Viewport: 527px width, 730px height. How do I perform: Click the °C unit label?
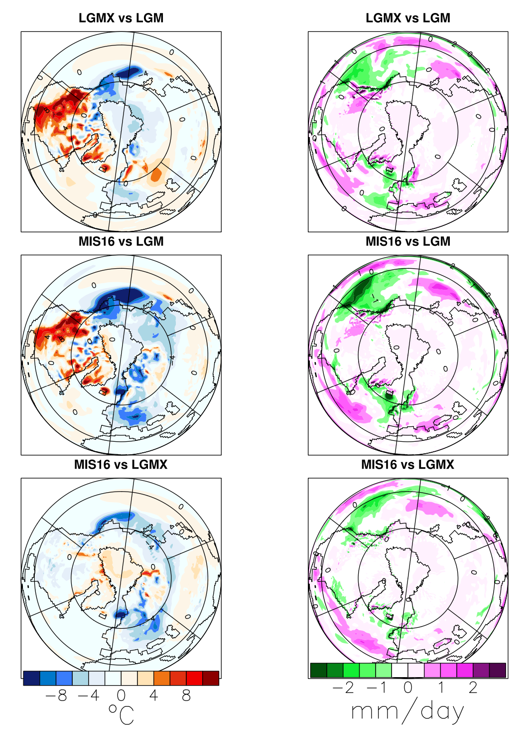coord(121,715)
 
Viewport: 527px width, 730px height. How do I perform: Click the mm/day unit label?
coord(407,712)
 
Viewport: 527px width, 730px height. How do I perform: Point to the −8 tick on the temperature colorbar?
coord(56,696)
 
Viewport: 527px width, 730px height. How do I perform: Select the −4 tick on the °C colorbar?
coord(88,696)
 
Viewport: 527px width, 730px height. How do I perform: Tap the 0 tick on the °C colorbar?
coord(121,696)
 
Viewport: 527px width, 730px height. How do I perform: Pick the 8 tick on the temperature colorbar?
coord(186,696)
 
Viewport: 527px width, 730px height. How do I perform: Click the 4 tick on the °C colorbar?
coord(153,696)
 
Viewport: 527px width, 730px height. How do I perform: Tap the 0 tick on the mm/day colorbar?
coord(408,688)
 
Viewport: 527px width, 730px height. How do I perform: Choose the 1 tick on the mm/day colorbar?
coord(441,688)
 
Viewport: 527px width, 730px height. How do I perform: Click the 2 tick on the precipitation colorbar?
coord(473,688)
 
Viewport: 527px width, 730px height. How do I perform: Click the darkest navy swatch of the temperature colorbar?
coord(31,678)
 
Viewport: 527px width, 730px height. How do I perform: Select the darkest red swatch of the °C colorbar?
coord(211,678)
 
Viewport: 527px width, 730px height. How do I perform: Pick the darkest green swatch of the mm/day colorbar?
coord(318,670)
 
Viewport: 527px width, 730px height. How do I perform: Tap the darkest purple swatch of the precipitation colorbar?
coord(498,670)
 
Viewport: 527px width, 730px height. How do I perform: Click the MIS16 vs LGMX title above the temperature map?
coord(121,465)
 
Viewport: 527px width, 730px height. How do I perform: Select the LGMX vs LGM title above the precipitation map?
coord(408,18)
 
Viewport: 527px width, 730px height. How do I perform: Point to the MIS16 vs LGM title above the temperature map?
coord(121,241)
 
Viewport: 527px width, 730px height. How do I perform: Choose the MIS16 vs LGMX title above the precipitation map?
coord(408,465)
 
